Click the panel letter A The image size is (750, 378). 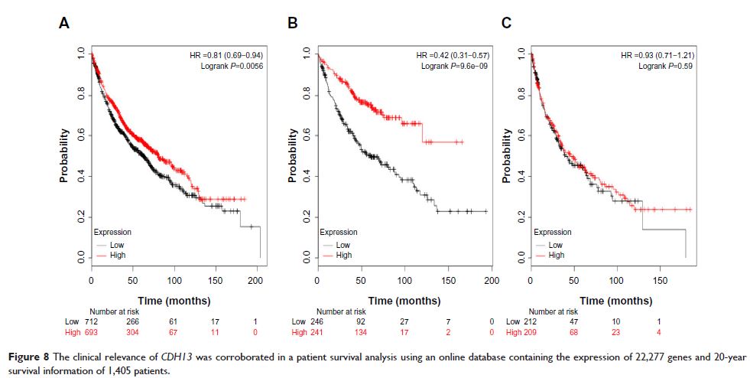click(65, 24)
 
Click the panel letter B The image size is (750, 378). click(291, 24)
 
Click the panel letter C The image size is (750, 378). click(505, 24)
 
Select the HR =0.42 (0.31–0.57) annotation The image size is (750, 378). click(453, 56)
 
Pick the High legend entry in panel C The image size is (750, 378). click(556, 255)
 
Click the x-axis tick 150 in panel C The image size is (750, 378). click(654, 281)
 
